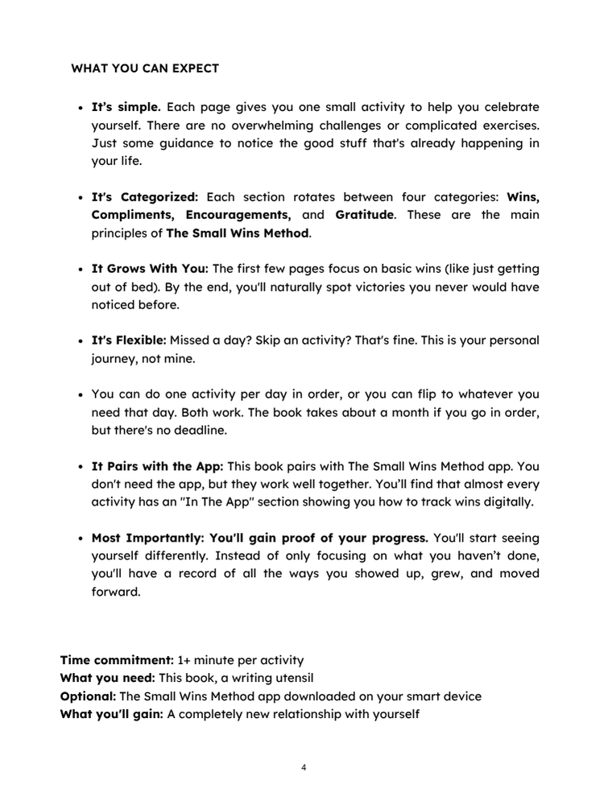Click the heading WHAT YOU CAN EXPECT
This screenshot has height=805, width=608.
[145, 68]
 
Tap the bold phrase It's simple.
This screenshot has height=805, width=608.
[126, 107]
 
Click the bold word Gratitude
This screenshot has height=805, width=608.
[365, 215]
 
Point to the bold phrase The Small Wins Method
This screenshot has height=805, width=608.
[238, 233]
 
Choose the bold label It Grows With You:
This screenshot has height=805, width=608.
[150, 269]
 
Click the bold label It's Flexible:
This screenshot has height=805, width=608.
[129, 341]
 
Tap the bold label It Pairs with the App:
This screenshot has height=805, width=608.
[157, 466]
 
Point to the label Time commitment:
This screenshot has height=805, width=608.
[117, 660]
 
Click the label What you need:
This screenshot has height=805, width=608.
[108, 678]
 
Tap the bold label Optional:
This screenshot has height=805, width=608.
[89, 696]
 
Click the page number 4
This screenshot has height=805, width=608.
[304, 767]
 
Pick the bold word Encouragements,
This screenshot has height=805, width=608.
[238, 215]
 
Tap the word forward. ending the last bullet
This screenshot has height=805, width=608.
[116, 592]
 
